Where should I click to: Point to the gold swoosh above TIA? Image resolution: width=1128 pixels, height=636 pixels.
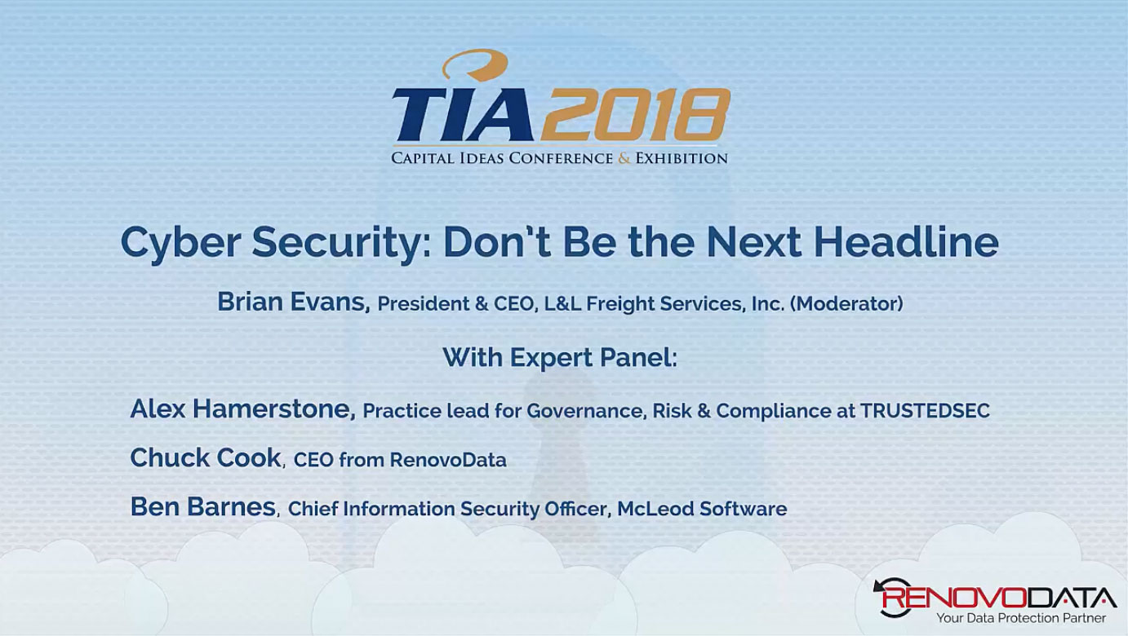point(476,64)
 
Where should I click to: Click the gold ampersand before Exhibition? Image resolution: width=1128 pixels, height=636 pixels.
point(624,158)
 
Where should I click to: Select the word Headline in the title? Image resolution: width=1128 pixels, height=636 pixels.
point(906,241)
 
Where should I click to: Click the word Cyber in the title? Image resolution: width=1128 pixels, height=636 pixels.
point(180,241)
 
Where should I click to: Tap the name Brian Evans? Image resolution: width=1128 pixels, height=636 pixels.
point(293,303)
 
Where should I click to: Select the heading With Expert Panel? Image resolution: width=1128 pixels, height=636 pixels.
point(560,357)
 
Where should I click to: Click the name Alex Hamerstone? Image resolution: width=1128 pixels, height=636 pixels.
point(242,409)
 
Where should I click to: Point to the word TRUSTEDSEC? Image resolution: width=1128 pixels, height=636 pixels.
point(925,411)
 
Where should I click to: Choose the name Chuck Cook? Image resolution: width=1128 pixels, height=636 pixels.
point(206,457)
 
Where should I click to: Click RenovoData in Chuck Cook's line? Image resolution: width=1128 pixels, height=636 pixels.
point(448,460)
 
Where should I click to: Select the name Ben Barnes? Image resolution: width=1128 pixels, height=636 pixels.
point(202,506)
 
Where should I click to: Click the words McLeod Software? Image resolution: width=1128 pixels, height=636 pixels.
point(702,509)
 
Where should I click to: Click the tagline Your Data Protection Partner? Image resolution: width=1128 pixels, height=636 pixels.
point(1020,618)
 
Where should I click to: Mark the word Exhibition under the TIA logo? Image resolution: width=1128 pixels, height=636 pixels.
point(681,158)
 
